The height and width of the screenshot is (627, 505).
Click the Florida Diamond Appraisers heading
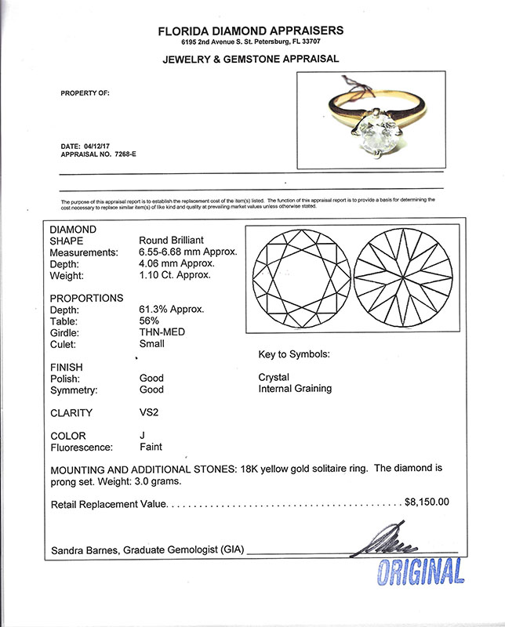point(251,31)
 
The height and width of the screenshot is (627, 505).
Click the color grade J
point(141,436)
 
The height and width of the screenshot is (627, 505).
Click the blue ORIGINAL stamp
point(420,572)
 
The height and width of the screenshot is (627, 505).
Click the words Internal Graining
point(294,388)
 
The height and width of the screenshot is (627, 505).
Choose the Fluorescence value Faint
point(151,448)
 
